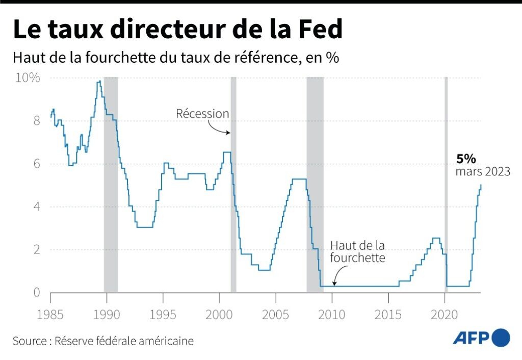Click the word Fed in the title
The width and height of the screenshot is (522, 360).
319,30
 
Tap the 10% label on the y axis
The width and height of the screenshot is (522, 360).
28,78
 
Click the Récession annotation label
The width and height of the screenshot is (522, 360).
202,114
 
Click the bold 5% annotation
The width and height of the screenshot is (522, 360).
466,159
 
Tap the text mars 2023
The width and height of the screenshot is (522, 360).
483,172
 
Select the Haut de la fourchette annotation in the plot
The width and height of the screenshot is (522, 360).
357,251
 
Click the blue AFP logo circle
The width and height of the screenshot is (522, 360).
501,338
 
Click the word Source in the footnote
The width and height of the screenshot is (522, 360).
30,341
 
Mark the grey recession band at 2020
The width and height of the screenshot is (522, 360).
446,184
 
